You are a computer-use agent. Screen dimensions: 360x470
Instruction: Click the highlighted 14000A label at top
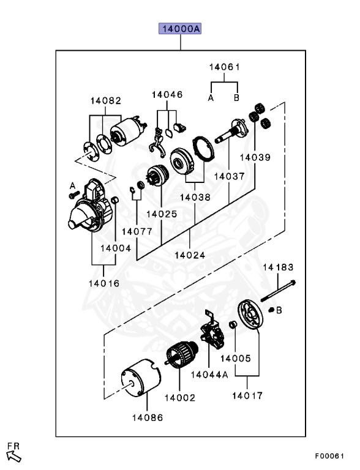[180, 29]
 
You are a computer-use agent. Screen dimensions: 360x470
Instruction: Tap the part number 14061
[225, 67]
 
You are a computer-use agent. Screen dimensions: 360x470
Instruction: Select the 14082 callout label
[106, 101]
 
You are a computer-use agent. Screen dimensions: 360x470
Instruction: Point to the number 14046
[167, 95]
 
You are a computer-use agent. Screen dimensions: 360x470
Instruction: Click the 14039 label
[255, 157]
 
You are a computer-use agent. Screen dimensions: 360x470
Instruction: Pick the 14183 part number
[278, 267]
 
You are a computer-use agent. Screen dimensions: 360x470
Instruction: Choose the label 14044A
[209, 375]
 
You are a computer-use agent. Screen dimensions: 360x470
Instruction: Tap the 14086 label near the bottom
[148, 417]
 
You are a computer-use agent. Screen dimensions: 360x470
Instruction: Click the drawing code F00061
[329, 456]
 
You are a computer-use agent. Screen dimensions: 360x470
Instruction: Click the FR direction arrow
[14, 456]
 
